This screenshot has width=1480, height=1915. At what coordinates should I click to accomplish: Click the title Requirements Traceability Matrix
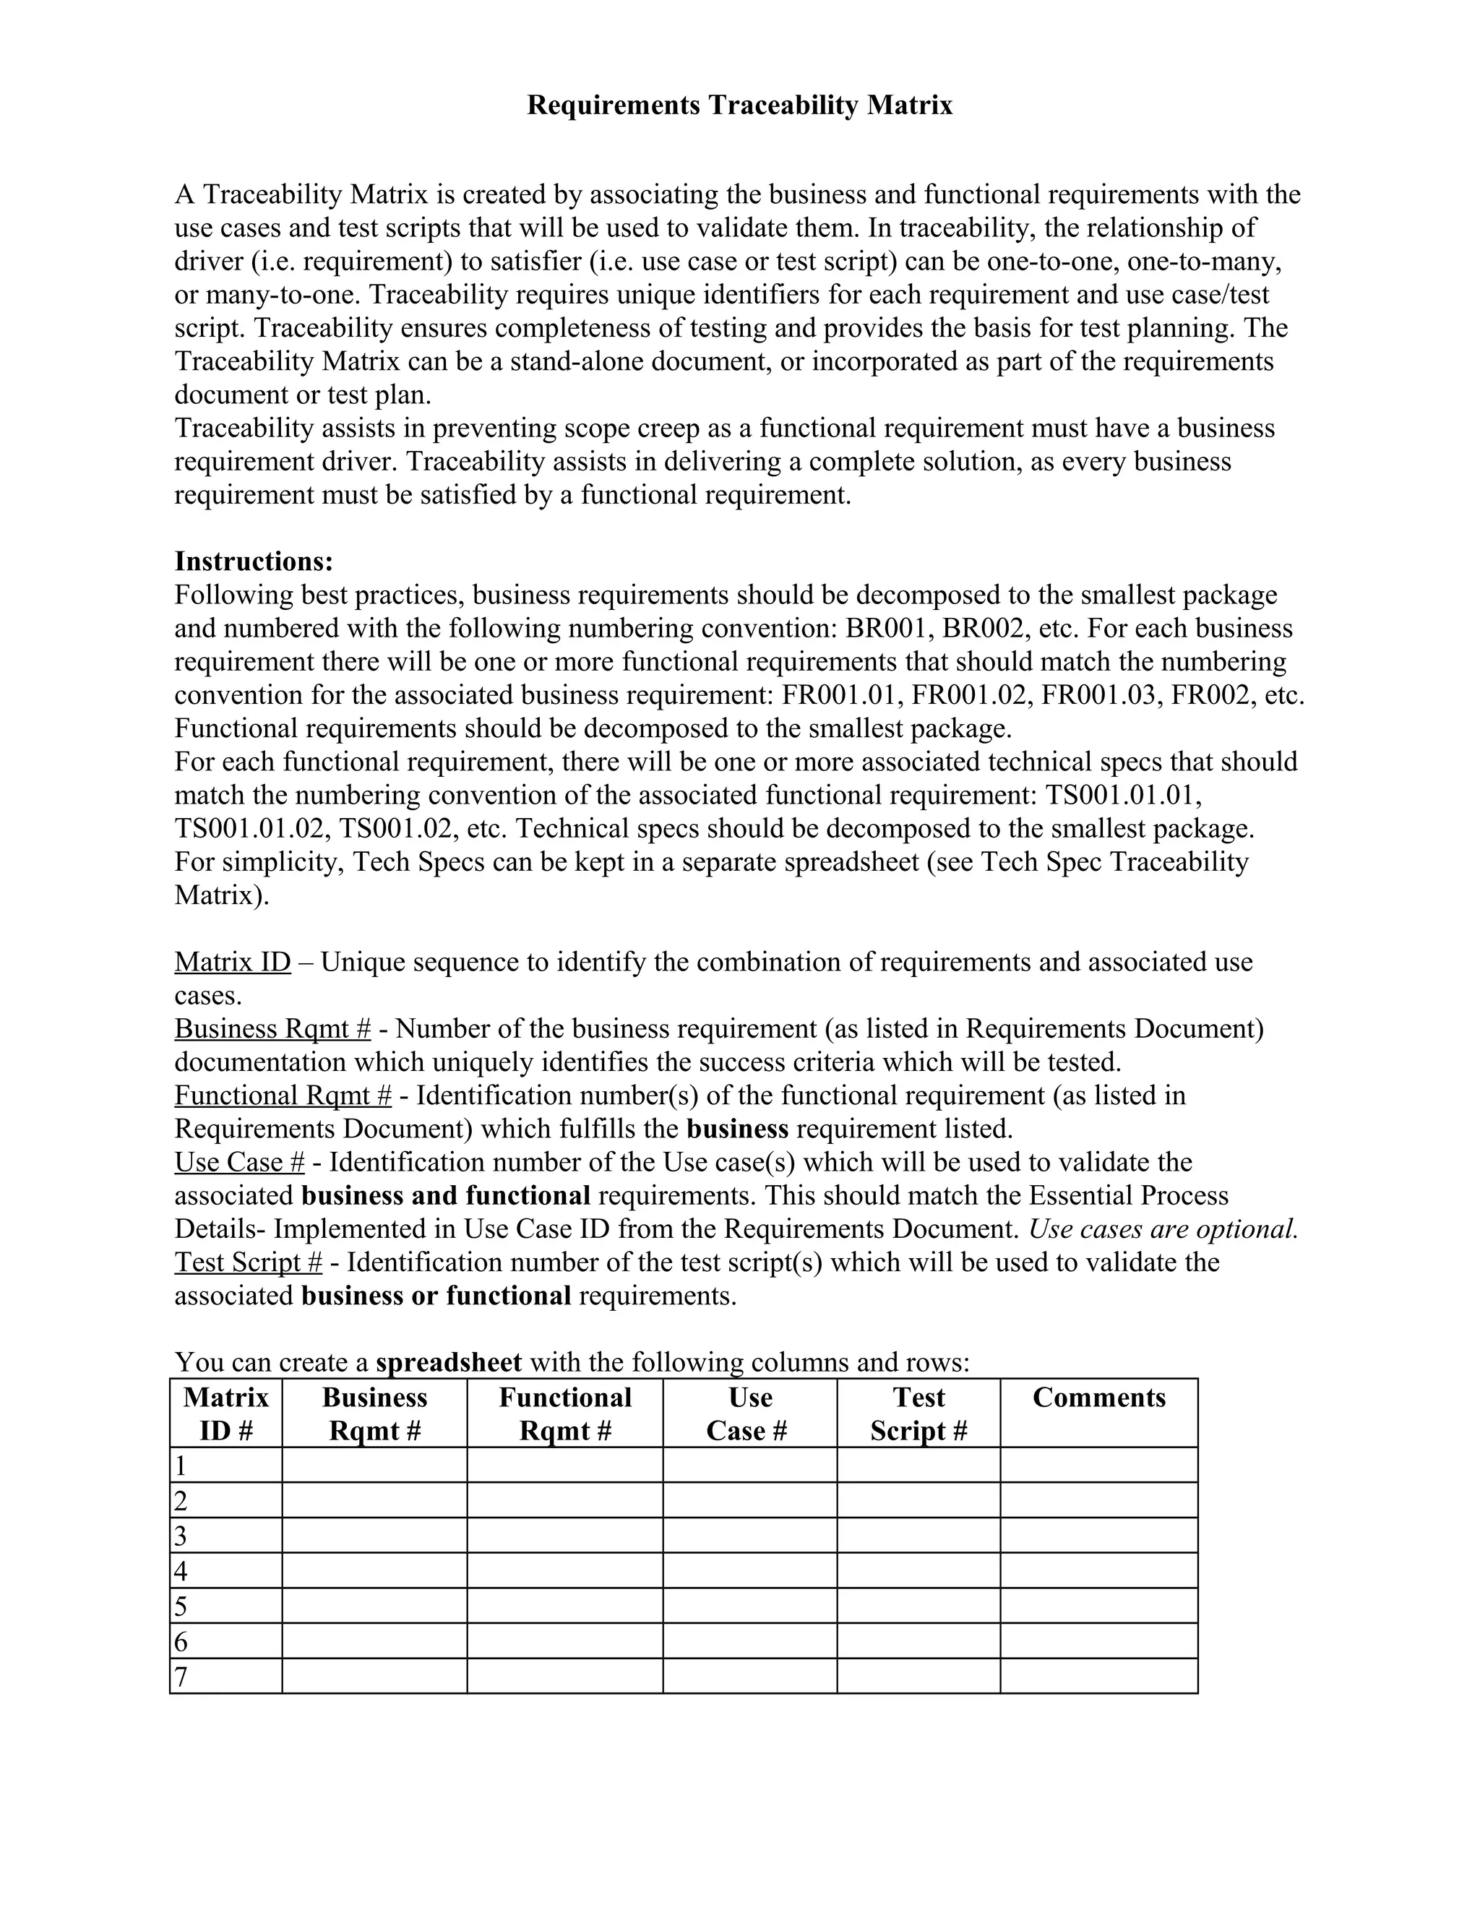coord(739,106)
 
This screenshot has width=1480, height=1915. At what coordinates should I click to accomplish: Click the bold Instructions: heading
coord(254,561)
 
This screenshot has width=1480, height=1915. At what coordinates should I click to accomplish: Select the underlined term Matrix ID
coord(233,962)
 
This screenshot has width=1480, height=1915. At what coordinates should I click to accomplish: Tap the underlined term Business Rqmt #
coord(272,1028)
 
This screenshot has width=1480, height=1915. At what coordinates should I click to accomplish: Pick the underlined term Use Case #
coord(239,1163)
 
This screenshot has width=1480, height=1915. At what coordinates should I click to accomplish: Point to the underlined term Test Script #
coord(248,1262)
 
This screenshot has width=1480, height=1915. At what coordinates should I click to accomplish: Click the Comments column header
coord(1098,1398)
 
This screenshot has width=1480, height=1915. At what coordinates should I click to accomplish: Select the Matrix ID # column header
coord(226,1413)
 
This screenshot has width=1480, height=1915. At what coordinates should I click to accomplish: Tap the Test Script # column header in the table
coord(918,1413)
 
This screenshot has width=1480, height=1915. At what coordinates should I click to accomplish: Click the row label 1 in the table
coord(181,1466)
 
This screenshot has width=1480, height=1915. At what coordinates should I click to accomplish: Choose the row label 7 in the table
coord(181,1677)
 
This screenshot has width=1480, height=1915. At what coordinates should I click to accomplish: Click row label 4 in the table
coord(181,1570)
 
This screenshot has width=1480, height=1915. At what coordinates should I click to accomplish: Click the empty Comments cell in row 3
coord(1098,1536)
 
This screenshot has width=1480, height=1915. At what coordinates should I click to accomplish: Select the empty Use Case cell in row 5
coord(749,1606)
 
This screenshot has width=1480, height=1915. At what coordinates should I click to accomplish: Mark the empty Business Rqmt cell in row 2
coord(374,1500)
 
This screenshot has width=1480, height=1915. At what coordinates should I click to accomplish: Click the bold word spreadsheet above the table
coord(448,1363)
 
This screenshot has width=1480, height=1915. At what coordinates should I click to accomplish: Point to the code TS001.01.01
coord(1123,796)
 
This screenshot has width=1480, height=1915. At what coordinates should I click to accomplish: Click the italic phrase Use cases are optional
coord(1163,1229)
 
